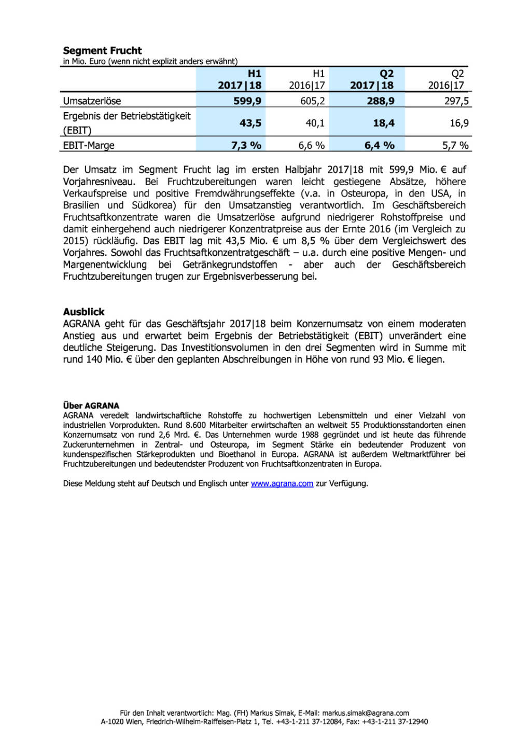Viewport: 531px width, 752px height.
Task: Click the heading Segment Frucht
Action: click(102, 50)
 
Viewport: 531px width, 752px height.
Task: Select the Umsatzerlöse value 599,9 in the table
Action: click(247, 101)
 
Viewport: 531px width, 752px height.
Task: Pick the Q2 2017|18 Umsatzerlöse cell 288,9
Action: click(380, 101)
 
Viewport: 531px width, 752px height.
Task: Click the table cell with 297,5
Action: click(456, 101)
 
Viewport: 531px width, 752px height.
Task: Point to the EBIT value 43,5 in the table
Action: click(250, 123)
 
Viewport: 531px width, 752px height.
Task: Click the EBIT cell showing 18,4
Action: click(383, 123)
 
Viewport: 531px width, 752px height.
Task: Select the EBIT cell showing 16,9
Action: click(459, 123)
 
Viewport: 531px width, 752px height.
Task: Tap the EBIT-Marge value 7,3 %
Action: click(246, 145)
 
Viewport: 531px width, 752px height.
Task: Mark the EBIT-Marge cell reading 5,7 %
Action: click(455, 145)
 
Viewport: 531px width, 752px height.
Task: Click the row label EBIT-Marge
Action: click(89, 145)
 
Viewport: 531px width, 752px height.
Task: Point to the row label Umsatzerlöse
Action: click(92, 101)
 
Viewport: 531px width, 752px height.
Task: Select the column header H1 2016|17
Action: click(307, 79)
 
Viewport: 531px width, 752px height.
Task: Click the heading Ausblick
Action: click(83, 312)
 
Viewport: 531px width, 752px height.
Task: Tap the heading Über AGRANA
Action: click(91, 406)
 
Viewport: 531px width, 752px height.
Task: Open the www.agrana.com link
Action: click(282, 483)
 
